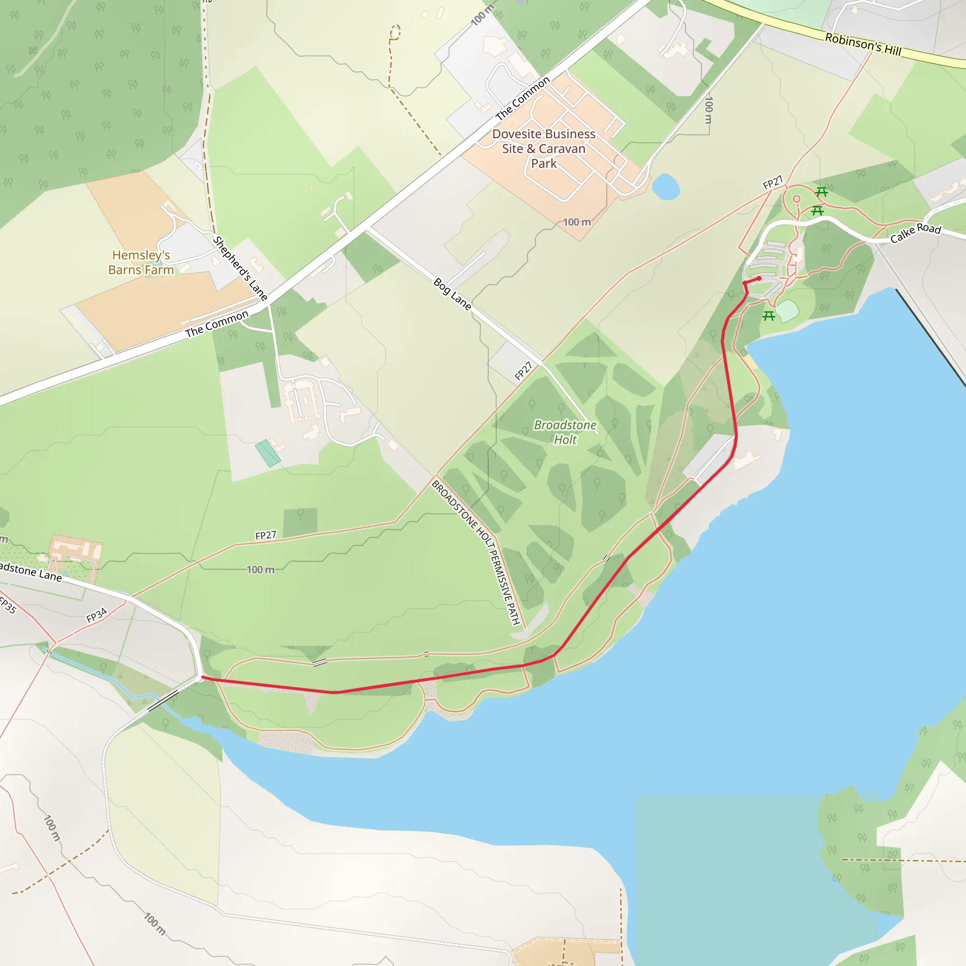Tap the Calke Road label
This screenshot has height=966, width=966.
tap(916, 233)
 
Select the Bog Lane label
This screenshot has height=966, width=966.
tap(452, 294)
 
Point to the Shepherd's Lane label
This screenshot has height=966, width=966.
tap(240, 268)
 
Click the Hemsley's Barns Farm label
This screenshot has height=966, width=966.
tap(141, 263)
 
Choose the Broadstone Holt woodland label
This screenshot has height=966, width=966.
tap(565, 432)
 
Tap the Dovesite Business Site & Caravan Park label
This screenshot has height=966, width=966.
tap(543, 149)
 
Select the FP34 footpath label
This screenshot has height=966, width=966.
tap(97, 615)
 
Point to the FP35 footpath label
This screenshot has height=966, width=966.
tap(8, 605)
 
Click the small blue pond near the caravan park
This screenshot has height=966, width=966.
tap(666, 186)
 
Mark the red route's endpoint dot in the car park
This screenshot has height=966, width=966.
tap(759, 278)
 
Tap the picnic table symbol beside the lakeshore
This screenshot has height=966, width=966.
tap(769, 316)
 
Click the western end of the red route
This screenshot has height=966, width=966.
tap(202, 677)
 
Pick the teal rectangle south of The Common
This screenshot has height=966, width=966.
tap(267, 453)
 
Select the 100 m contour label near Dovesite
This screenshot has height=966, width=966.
tap(577, 222)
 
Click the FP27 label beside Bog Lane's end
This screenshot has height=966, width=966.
tap(524, 371)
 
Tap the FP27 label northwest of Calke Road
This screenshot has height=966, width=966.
tap(773, 183)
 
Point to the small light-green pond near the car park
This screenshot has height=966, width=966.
tap(788, 310)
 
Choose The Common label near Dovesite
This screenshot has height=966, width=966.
tap(523, 99)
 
